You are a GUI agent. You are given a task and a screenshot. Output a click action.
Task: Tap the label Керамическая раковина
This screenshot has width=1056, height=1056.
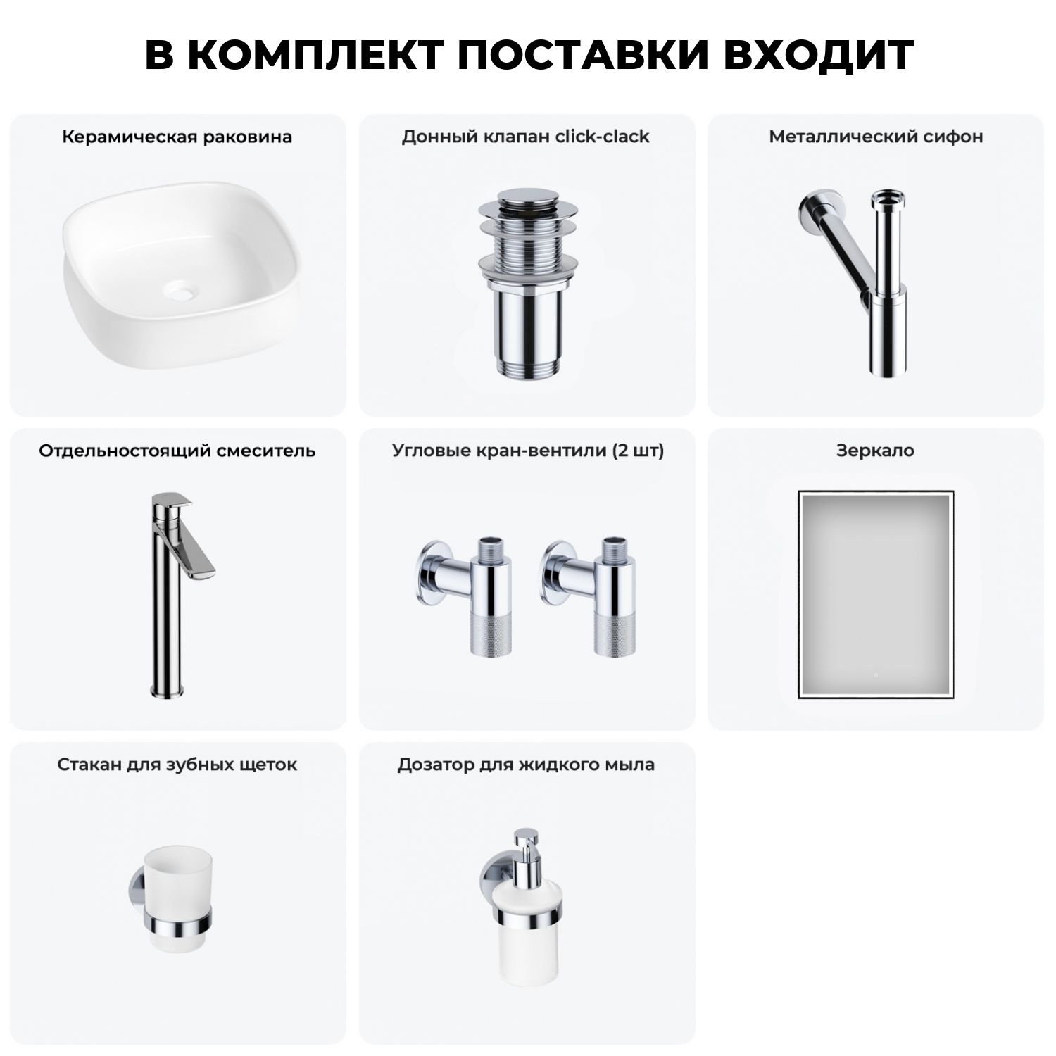[x=177, y=137]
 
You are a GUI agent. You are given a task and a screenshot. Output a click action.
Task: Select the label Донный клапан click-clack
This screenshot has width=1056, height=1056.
[x=526, y=137]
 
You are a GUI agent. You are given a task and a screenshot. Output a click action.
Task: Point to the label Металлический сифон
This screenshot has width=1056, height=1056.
[x=876, y=137]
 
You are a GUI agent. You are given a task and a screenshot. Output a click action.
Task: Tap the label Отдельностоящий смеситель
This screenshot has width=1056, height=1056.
[x=177, y=451]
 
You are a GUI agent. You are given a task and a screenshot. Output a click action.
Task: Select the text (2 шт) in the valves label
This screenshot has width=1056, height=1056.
[x=638, y=451]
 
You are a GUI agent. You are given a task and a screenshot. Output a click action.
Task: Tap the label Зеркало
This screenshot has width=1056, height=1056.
[x=875, y=451]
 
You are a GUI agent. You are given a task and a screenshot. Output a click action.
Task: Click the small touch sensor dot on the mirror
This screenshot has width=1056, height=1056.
[x=875, y=674]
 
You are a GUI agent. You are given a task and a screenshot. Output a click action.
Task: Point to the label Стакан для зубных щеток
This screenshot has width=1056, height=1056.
[x=177, y=765]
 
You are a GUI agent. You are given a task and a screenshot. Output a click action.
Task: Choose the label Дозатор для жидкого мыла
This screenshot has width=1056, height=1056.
[x=526, y=765]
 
